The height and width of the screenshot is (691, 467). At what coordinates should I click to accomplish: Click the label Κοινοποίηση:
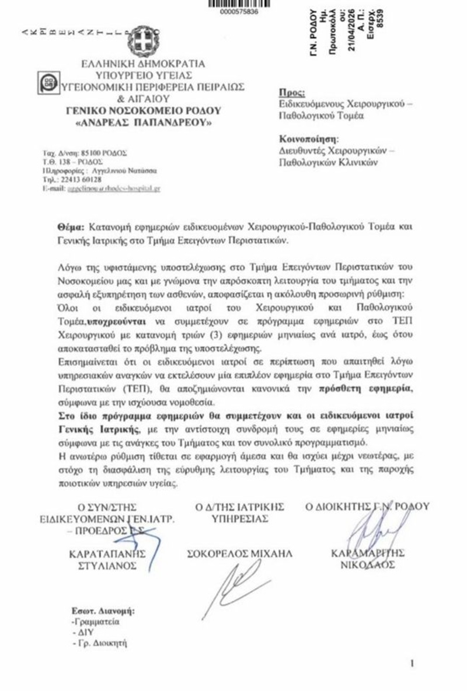tap(308, 140)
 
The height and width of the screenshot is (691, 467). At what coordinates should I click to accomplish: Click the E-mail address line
tap(102, 189)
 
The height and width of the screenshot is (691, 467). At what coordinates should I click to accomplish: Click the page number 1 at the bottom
tap(413, 663)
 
